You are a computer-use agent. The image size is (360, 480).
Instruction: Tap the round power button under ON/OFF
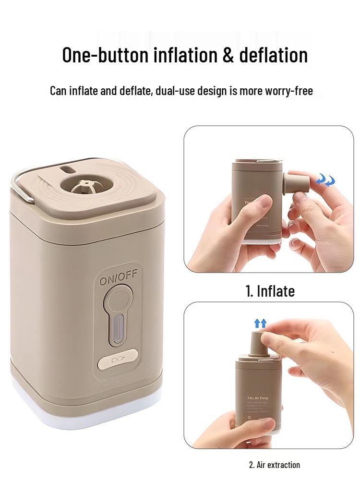[117, 302]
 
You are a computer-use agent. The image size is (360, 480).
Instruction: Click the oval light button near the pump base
[117, 359]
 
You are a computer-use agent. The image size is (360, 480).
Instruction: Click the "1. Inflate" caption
[270, 291]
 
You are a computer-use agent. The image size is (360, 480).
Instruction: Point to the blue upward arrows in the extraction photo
[260, 324]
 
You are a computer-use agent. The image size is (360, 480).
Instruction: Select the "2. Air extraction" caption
[274, 465]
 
